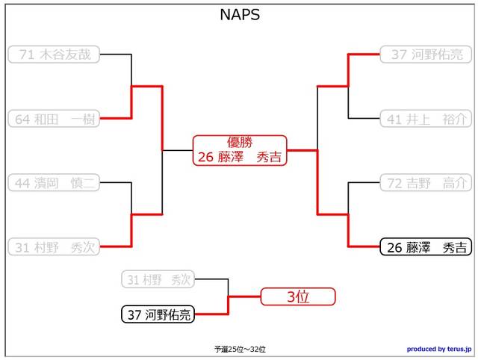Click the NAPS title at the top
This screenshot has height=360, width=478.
coord(240,15)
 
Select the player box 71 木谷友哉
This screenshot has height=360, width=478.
coord(54,55)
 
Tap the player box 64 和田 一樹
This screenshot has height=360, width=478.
coord(54,119)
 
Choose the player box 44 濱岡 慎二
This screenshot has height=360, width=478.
coord(54,183)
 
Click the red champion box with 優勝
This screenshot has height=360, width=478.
coord(240,150)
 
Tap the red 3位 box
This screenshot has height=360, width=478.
coord(298,297)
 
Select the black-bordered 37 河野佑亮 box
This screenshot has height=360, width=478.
coord(158,314)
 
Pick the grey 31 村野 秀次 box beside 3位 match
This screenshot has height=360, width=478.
coord(158,280)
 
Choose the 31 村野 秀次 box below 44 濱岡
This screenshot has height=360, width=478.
coord(54,247)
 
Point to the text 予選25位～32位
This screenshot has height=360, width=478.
coord(240,349)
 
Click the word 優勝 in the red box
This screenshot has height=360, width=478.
coord(240,142)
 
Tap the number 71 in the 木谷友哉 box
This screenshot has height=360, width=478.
coord(27,55)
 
